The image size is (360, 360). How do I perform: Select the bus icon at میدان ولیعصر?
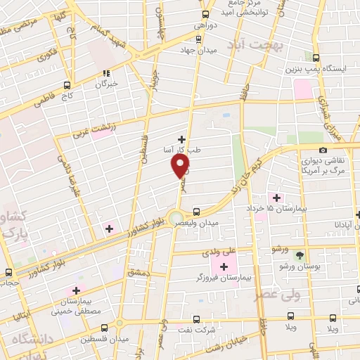196,211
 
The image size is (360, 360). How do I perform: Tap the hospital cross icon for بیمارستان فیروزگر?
224,266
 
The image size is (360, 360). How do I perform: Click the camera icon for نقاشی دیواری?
323,150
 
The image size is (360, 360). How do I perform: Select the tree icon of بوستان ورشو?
300,255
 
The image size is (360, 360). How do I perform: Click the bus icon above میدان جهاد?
206,14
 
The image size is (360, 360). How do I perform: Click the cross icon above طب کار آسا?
182,139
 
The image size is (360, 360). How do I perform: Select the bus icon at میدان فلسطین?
105,328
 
